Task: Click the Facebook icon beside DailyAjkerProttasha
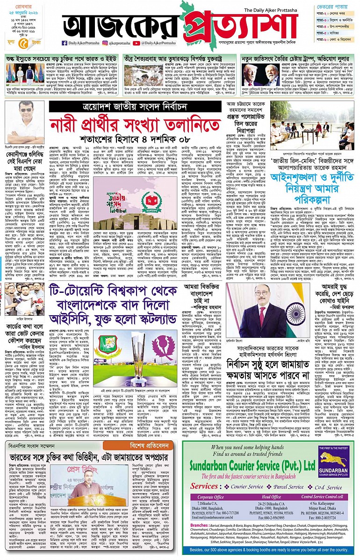pos(65,43)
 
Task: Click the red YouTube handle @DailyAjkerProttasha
pos(156,43)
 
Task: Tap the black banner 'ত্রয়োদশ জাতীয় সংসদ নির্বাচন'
pos(135,107)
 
